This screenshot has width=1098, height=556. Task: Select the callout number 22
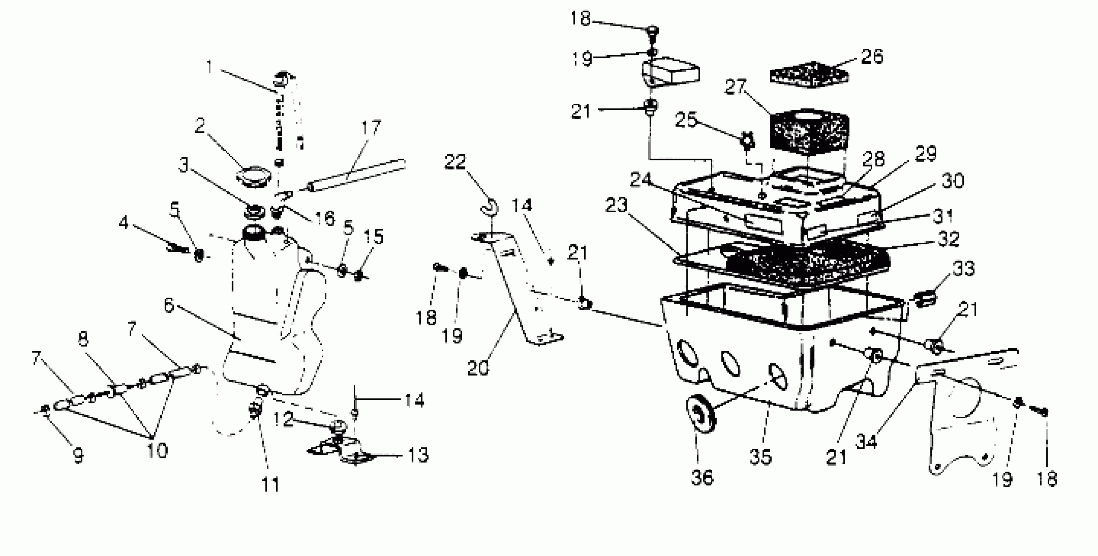coord(455,162)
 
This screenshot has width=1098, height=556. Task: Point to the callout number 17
coord(371,128)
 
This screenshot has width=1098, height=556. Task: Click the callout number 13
coord(418,455)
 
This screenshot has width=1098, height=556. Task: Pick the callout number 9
coord(78,456)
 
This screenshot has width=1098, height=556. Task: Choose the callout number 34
coord(866,442)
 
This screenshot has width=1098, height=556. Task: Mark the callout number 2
coord(200,126)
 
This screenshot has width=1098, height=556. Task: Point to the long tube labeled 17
coord(358,175)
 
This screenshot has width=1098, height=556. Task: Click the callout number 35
coord(761,457)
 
